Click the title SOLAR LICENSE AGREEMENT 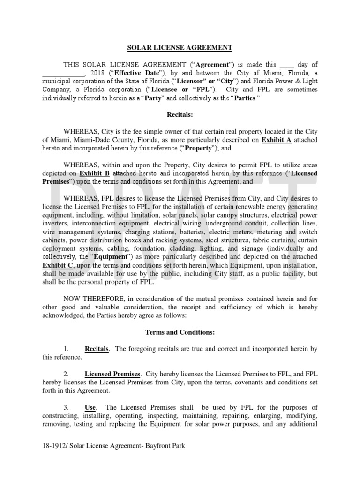click(180, 47)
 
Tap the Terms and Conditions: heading click(180, 332)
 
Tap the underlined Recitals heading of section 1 click(97, 349)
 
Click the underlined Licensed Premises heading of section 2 click(112, 374)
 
